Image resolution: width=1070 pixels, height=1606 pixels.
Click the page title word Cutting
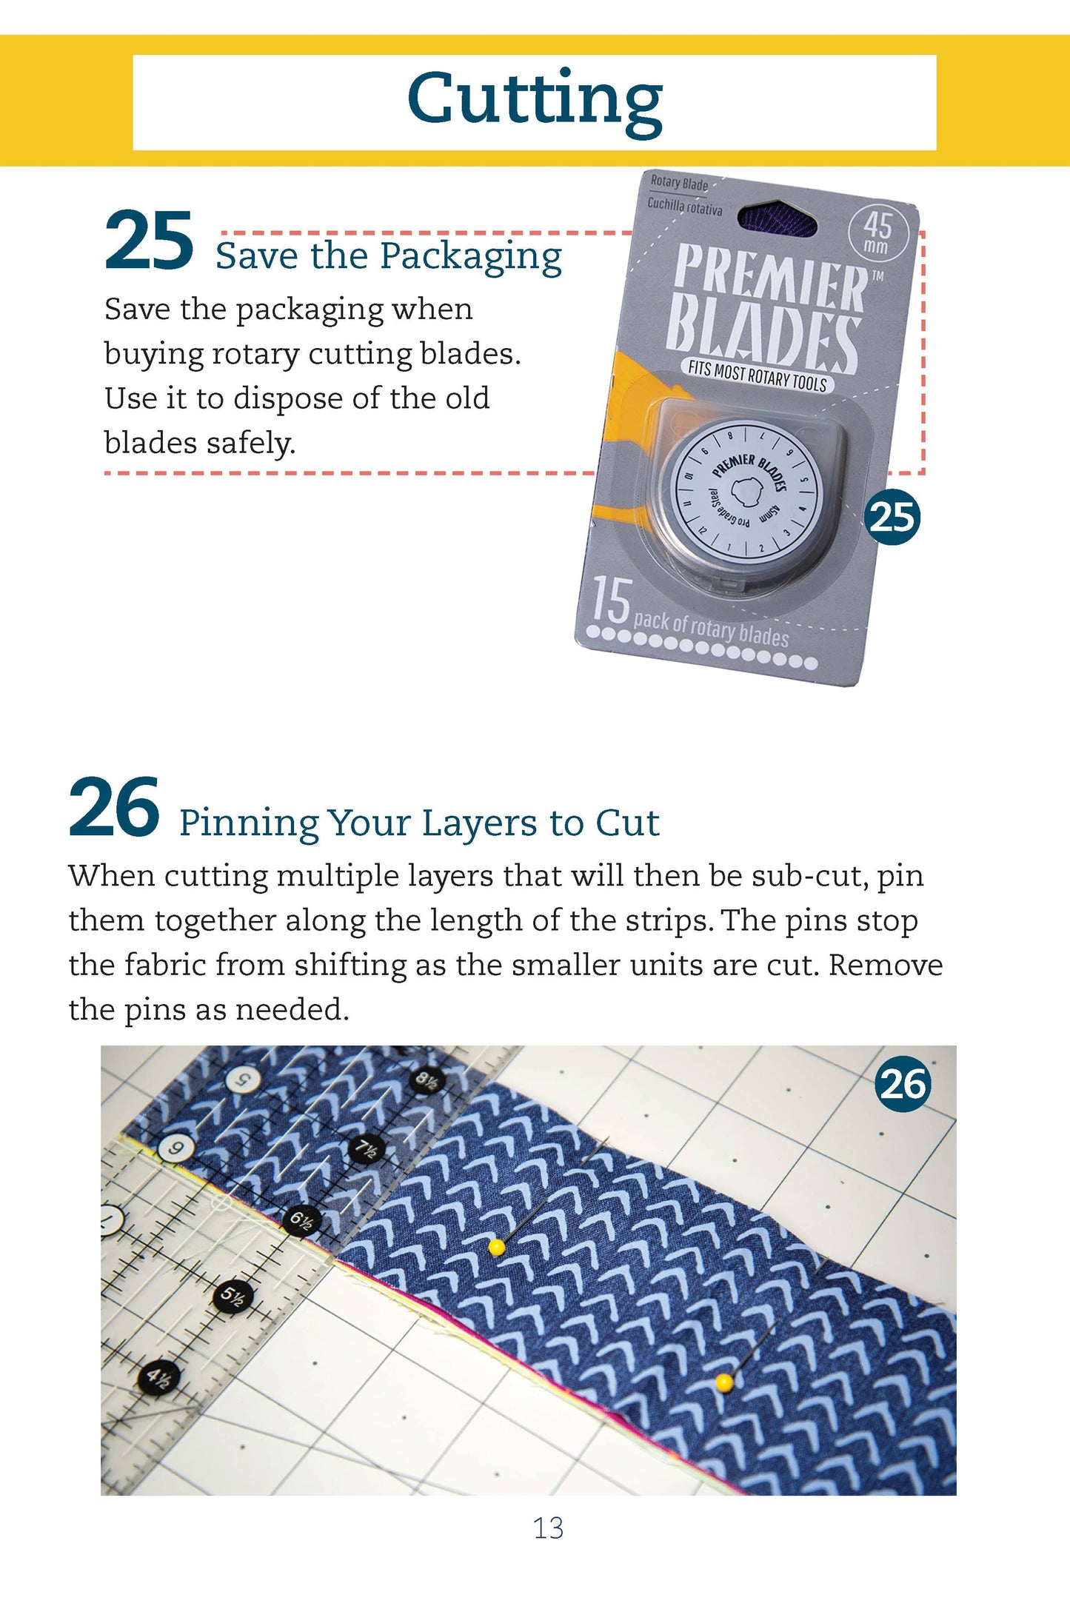pyautogui.click(x=535, y=100)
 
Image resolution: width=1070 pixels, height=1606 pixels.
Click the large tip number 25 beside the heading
pyautogui.click(x=149, y=241)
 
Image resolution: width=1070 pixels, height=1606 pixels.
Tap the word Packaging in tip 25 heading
pyautogui.click(x=471, y=258)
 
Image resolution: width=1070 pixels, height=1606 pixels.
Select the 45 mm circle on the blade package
pyautogui.click(x=877, y=233)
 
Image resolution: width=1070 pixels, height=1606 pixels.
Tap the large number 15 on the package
pyautogui.click(x=611, y=600)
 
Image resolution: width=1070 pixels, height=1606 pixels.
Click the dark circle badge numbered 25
pyautogui.click(x=892, y=517)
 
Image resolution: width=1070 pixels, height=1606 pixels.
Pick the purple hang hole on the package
pyautogui.click(x=779, y=217)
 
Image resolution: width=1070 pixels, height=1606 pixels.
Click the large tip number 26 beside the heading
pyautogui.click(x=113, y=808)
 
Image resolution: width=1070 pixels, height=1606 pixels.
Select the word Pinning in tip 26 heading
pyautogui.click(x=249, y=824)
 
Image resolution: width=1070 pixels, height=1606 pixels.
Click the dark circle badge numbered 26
pyautogui.click(x=902, y=1084)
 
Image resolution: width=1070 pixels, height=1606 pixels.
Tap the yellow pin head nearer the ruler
pyautogui.click(x=497, y=1248)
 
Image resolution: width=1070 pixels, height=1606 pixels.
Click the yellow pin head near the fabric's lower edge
pyautogui.click(x=723, y=1382)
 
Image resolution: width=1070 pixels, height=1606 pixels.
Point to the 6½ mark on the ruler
pyautogui.click(x=301, y=1220)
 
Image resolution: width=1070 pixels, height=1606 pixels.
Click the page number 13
pyautogui.click(x=548, y=1528)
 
